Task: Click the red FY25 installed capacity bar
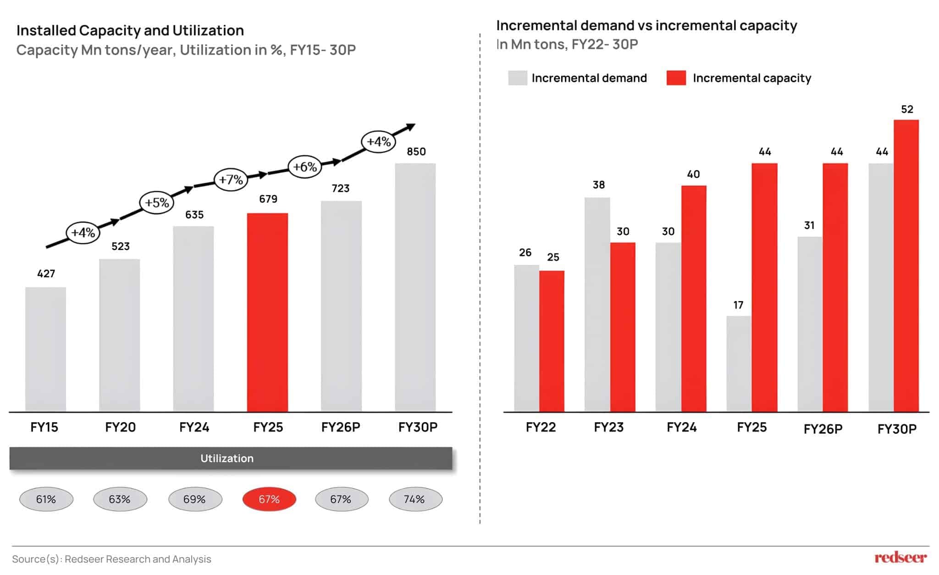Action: (x=267, y=312)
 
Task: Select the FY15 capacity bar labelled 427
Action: (x=45, y=349)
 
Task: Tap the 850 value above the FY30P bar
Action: (x=416, y=151)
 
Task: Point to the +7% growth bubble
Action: (x=231, y=179)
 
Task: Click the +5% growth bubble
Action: (x=157, y=202)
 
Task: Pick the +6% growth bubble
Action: (x=305, y=167)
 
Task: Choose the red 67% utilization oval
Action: (x=269, y=499)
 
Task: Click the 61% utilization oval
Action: (x=46, y=499)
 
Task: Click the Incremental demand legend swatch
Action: (x=518, y=78)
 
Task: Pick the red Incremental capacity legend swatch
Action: (x=676, y=78)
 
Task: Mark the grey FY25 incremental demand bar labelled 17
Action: (x=739, y=363)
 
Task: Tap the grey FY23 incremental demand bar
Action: (x=597, y=304)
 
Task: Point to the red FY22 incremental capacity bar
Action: (x=552, y=341)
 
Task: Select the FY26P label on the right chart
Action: (x=823, y=429)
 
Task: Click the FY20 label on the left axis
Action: (x=120, y=427)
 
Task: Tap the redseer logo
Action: (x=900, y=558)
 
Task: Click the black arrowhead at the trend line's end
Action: (x=411, y=126)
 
